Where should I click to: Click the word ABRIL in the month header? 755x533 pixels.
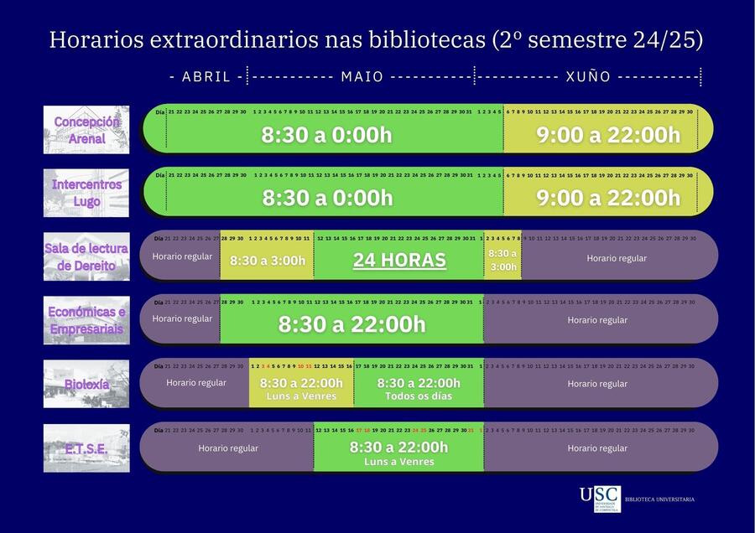pos(206,77)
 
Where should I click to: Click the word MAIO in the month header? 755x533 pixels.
pos(362,77)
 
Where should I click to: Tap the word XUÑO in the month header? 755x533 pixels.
pos(588,77)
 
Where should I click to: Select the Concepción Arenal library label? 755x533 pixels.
pos(86,130)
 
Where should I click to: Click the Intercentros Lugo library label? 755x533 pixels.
pos(86,193)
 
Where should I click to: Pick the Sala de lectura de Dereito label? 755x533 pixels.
pos(86,256)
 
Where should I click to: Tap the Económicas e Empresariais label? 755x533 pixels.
pos(86,320)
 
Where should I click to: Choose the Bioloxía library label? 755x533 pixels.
pos(86,384)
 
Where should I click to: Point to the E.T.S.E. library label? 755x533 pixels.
pos(86,448)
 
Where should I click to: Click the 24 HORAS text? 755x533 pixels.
pos(399,260)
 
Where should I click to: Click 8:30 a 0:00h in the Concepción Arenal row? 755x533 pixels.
pos(326,135)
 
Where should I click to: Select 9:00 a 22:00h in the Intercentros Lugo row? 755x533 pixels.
pos(608,198)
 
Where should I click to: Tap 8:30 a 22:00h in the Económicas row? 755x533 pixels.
pos(351,324)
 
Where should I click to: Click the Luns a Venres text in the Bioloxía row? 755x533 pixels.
pos(300,396)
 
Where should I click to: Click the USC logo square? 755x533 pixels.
pos(600,498)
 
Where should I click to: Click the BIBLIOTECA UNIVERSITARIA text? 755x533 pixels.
pos(659,499)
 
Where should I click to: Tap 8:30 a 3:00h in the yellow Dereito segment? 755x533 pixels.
pos(268,261)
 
